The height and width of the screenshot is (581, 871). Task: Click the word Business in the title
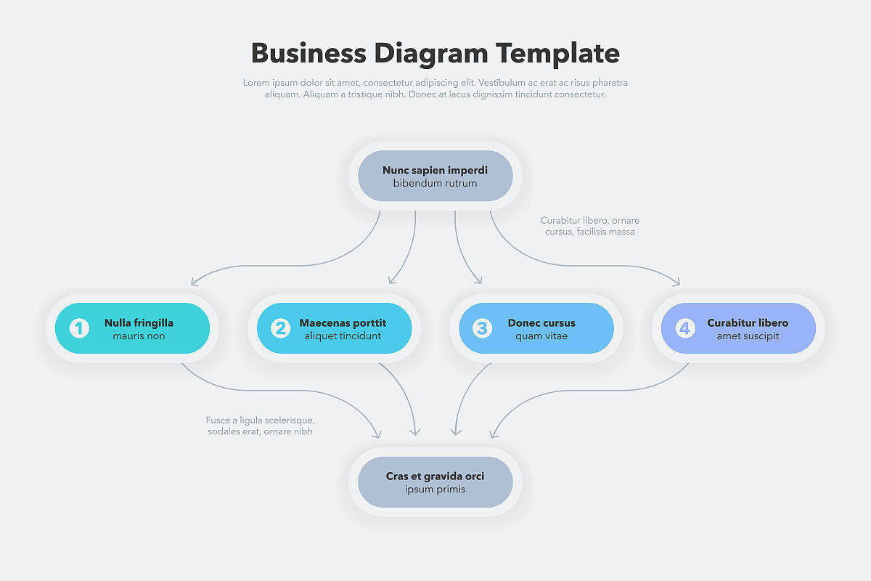click(308, 54)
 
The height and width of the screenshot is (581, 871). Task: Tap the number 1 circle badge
click(79, 328)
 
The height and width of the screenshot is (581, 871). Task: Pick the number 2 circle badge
click(281, 328)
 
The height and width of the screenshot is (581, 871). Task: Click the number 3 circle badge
click(483, 328)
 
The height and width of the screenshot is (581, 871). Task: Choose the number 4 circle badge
click(684, 328)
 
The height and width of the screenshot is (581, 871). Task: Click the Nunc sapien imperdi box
click(435, 176)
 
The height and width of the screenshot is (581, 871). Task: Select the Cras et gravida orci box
click(435, 482)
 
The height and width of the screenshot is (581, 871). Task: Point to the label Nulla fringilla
click(139, 323)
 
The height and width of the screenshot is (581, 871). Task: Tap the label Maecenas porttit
click(343, 323)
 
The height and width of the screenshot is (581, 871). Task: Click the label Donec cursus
click(541, 323)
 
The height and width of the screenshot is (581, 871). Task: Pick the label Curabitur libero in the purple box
click(748, 323)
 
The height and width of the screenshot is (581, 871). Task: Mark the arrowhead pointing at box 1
click(195, 282)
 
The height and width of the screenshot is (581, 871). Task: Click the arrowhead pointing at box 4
click(677, 282)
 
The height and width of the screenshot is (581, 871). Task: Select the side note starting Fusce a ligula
click(260, 426)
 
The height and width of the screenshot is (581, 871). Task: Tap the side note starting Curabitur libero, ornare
click(589, 226)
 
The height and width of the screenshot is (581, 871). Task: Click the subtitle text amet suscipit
click(748, 336)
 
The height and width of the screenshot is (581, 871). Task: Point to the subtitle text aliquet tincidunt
click(343, 336)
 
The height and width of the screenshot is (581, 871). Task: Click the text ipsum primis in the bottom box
click(435, 489)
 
